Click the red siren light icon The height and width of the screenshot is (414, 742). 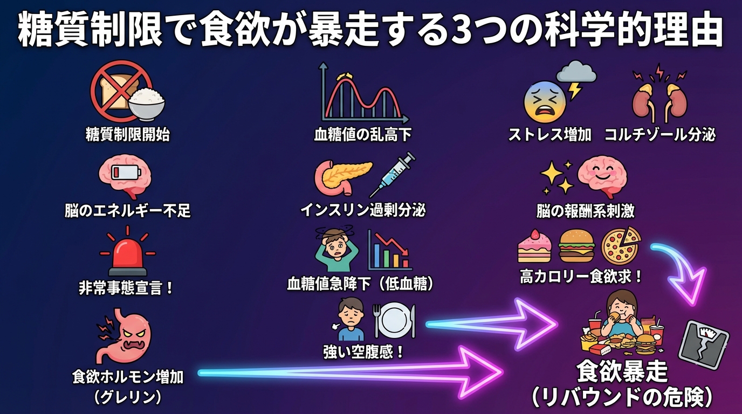pos(128,253)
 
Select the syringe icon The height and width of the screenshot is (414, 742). pos(392,175)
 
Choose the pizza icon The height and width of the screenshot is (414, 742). pos(621,246)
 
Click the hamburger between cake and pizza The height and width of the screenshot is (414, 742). pos(576,246)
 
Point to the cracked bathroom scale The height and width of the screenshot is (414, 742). pos(703,345)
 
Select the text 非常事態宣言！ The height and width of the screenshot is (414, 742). pos(127,288)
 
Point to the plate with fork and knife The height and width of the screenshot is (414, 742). pos(395,322)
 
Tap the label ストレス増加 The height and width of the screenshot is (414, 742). pos(550,134)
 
